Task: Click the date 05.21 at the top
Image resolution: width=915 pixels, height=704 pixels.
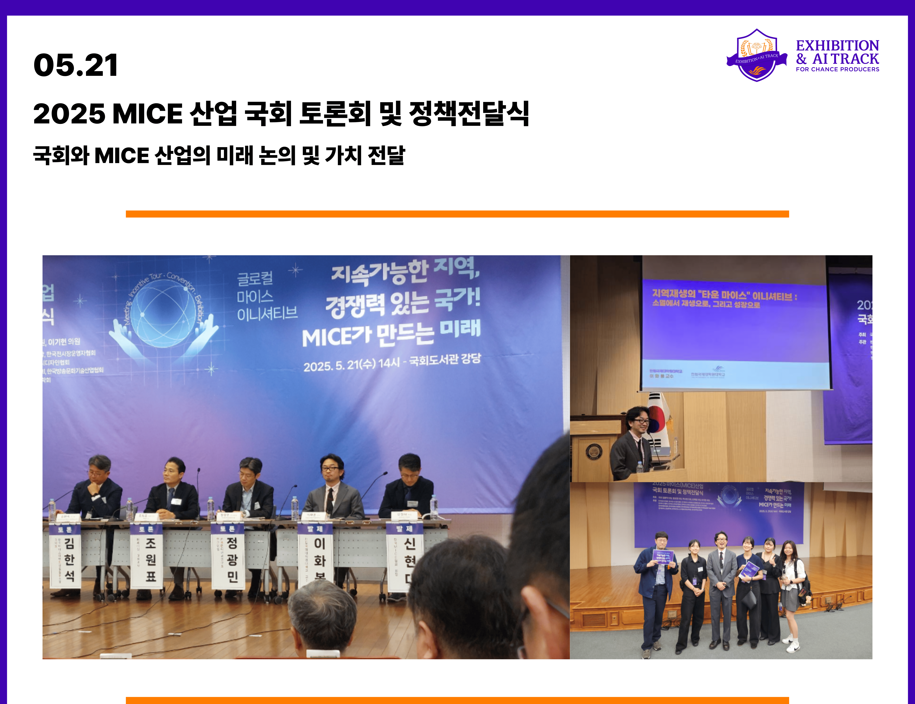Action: coord(76,66)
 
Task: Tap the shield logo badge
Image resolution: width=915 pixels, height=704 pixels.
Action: coord(757,55)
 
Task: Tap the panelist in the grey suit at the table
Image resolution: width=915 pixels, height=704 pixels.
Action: coord(333,490)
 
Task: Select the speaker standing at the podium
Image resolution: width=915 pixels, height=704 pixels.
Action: coord(633,444)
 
